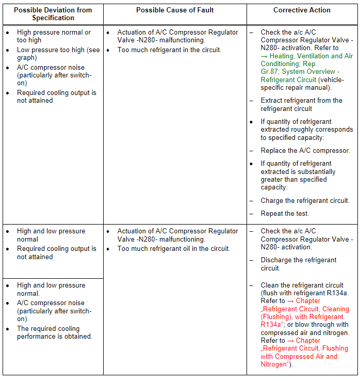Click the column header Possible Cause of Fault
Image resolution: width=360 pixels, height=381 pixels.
175,10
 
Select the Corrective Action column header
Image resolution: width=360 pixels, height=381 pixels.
302,10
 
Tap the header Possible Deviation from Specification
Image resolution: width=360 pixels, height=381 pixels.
53,14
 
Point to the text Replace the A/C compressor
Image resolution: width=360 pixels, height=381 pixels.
305,151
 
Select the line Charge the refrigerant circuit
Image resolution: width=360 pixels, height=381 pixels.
305,201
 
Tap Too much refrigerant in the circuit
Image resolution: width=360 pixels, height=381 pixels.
169,50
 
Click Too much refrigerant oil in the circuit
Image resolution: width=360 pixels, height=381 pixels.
174,249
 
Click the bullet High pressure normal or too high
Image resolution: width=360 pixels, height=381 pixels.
54,36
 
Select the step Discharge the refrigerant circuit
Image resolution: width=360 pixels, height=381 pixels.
299,264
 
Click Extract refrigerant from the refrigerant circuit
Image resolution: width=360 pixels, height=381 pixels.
301,105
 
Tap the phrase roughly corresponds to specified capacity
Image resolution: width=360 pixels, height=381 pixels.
306,134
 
